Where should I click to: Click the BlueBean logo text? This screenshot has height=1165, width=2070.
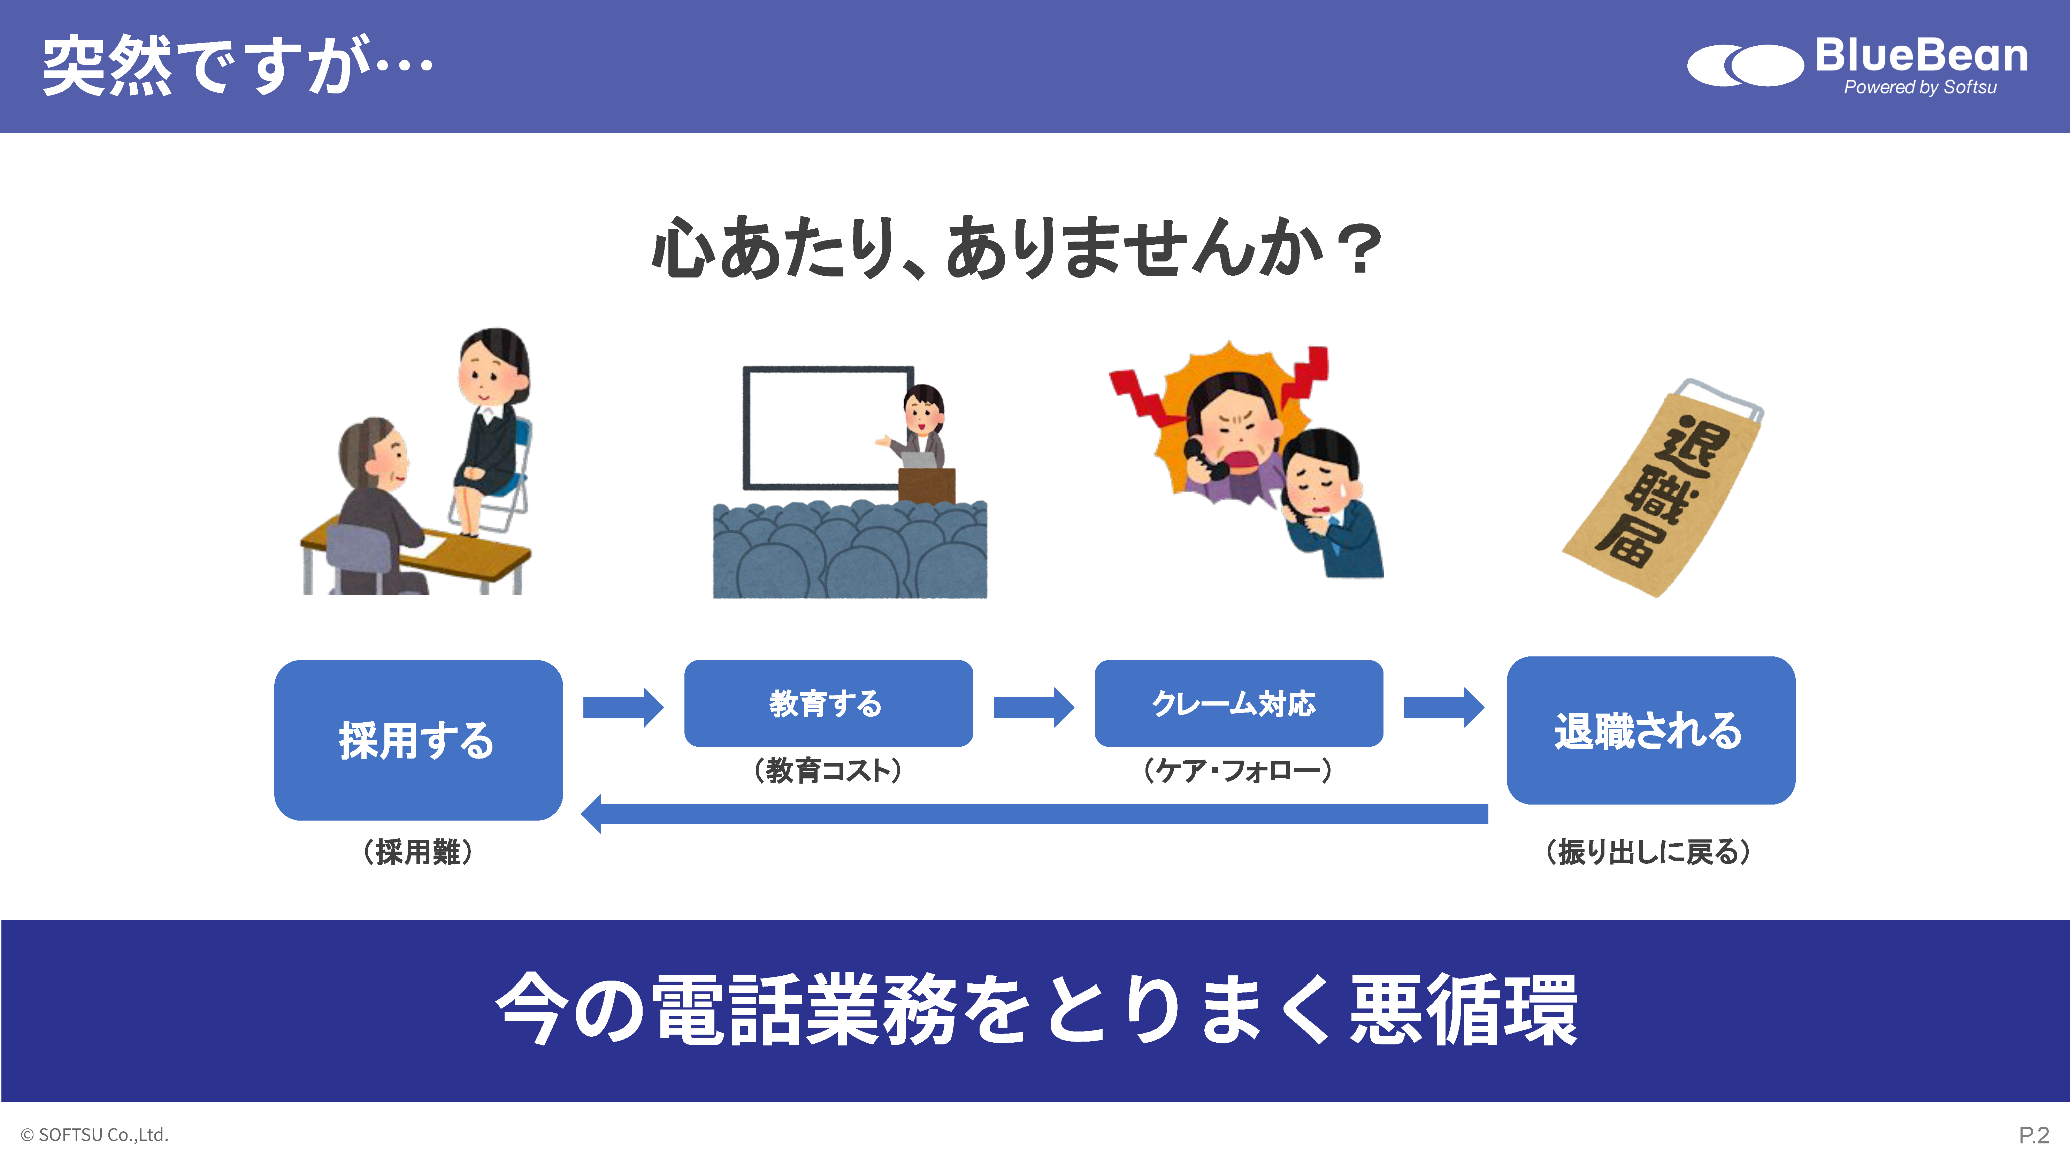pyautogui.click(x=1921, y=56)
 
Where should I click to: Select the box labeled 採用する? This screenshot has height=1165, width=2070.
pyautogui.click(x=418, y=740)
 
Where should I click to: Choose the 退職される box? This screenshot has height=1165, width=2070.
pyautogui.click(x=1650, y=730)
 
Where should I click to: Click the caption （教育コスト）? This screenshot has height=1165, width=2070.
pyautogui.click(x=828, y=770)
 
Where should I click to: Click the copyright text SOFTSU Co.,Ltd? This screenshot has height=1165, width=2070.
pyautogui.click(x=95, y=1134)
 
